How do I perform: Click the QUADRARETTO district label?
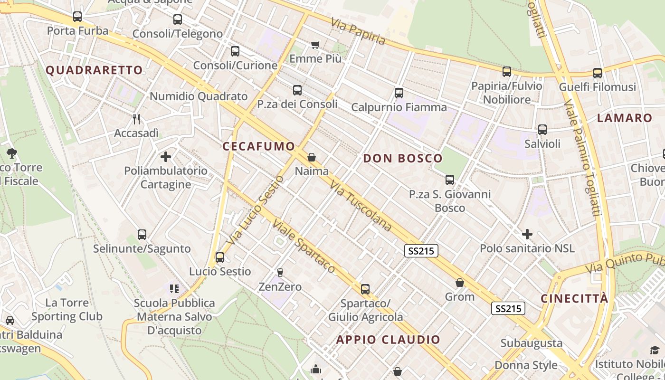94,70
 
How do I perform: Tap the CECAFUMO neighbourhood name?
259,146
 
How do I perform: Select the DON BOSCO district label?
403,159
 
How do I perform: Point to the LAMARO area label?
625,118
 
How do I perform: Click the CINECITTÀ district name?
574,299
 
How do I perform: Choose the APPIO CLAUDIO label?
389,340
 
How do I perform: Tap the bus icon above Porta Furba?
77,17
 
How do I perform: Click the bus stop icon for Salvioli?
542,129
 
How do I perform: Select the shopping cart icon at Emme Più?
315,45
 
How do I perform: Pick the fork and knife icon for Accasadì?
136,119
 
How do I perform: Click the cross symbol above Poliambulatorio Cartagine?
166,156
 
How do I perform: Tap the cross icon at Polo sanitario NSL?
527,234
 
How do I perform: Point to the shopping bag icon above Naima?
312,157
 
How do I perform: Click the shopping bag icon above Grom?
460,283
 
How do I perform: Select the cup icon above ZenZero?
280,273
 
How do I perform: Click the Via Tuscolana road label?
361,206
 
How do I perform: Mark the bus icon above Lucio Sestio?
220,257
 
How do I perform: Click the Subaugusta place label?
531,343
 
